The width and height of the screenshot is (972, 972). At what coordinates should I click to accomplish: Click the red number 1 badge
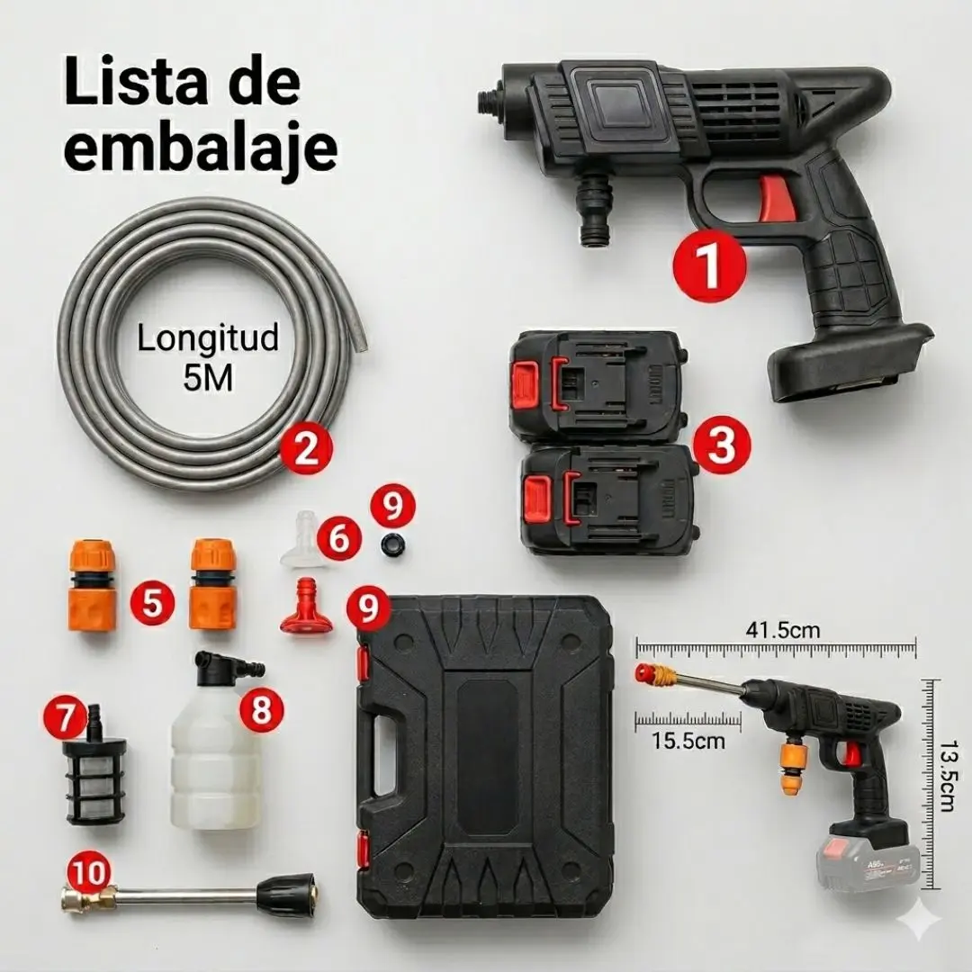(x=710, y=265)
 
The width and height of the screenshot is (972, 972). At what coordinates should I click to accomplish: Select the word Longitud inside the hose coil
(x=208, y=338)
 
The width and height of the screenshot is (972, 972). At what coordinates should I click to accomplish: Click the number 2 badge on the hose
(x=306, y=448)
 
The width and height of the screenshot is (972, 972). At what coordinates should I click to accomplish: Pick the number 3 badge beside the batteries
(x=722, y=445)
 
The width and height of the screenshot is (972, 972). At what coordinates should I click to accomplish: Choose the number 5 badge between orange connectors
(x=152, y=602)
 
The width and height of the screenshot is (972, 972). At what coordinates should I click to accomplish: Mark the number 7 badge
(x=66, y=719)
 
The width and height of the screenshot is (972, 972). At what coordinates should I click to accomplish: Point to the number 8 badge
(x=261, y=708)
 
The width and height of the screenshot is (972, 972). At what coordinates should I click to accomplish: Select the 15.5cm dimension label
(x=688, y=740)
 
